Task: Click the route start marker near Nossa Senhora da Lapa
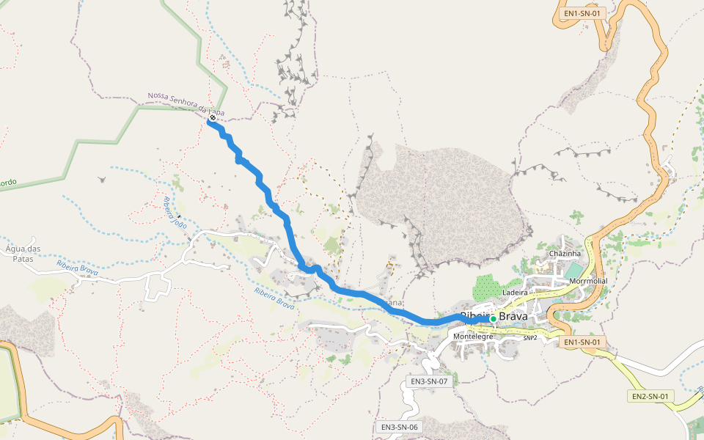pyautogui.click(x=213, y=117)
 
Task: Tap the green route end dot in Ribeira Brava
pyautogui.click(x=494, y=318)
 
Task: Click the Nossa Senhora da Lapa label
pyautogui.click(x=185, y=105)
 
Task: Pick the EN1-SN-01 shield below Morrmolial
pyautogui.click(x=584, y=342)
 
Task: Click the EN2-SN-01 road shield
pyautogui.click(x=651, y=396)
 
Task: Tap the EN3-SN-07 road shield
pyautogui.click(x=429, y=381)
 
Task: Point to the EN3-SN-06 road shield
pyautogui.click(x=400, y=427)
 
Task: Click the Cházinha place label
pyautogui.click(x=565, y=253)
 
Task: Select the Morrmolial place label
pyautogui.click(x=588, y=281)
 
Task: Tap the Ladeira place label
pyautogui.click(x=515, y=292)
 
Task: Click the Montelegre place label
pyautogui.click(x=473, y=337)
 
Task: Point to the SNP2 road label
pyautogui.click(x=530, y=338)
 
